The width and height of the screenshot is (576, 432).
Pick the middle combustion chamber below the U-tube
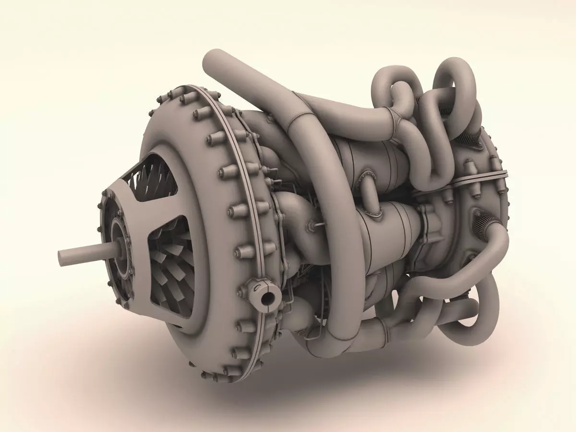(x=389, y=226)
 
